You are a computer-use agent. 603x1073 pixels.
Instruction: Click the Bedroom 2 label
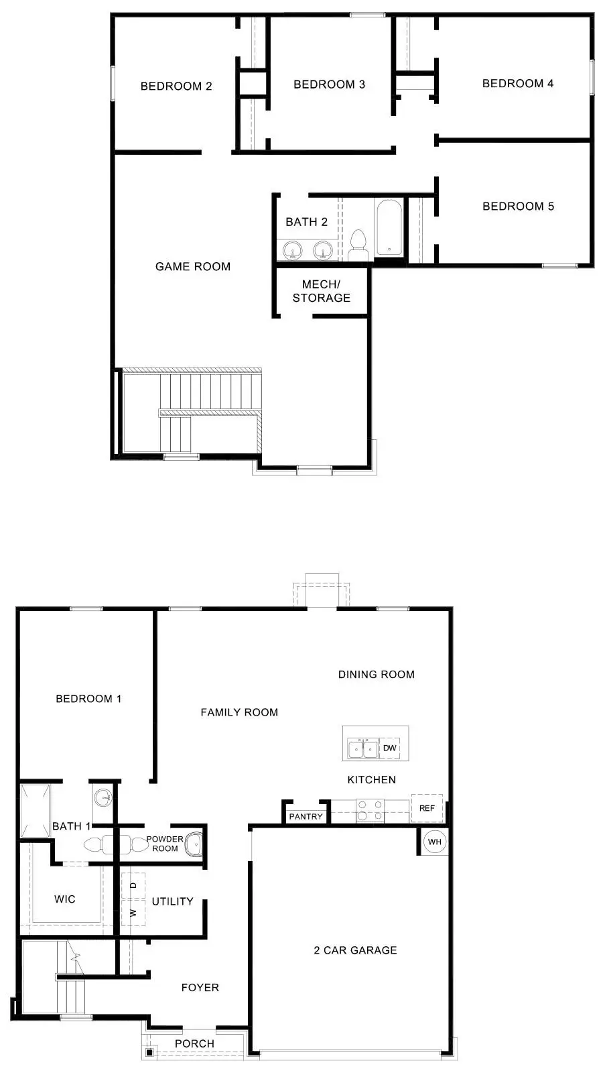point(176,86)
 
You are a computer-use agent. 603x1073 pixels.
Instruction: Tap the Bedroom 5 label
point(518,206)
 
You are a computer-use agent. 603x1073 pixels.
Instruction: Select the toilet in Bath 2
point(358,245)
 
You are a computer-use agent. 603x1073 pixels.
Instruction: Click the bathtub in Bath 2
point(389,227)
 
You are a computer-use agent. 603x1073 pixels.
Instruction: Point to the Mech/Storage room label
point(321,291)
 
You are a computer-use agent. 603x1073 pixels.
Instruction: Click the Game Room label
point(193,266)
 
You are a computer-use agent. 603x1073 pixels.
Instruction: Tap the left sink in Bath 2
point(292,251)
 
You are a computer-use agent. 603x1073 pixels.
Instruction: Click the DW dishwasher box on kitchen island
point(390,748)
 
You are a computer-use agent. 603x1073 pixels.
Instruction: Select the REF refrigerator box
point(427,808)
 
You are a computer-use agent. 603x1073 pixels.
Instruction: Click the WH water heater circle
point(435,842)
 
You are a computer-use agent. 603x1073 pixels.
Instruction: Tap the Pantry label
point(306,816)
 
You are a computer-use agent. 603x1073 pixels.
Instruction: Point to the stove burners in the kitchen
point(370,810)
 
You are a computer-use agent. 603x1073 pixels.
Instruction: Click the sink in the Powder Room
point(194,843)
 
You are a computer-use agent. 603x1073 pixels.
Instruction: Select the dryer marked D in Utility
point(133,885)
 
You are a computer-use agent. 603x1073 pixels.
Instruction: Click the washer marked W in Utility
point(133,913)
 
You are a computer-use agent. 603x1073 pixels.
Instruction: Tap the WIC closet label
point(65,899)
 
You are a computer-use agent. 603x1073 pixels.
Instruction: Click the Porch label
point(194,1043)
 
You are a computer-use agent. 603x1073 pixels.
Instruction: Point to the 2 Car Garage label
point(355,950)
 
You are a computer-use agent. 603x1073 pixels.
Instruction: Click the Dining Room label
point(376,674)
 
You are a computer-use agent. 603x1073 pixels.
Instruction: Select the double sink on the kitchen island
point(362,748)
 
